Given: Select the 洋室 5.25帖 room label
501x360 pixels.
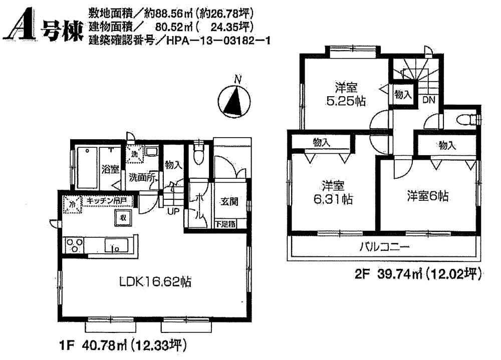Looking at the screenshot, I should [x=345, y=94].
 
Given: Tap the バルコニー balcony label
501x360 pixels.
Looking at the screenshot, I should [x=384, y=247].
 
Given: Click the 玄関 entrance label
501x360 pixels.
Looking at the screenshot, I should [x=229, y=202].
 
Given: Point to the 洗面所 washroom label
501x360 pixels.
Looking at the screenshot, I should [x=142, y=177].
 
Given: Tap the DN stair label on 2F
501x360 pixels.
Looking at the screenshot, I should [x=429, y=100].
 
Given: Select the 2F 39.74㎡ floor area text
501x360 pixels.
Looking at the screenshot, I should [x=418, y=273].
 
